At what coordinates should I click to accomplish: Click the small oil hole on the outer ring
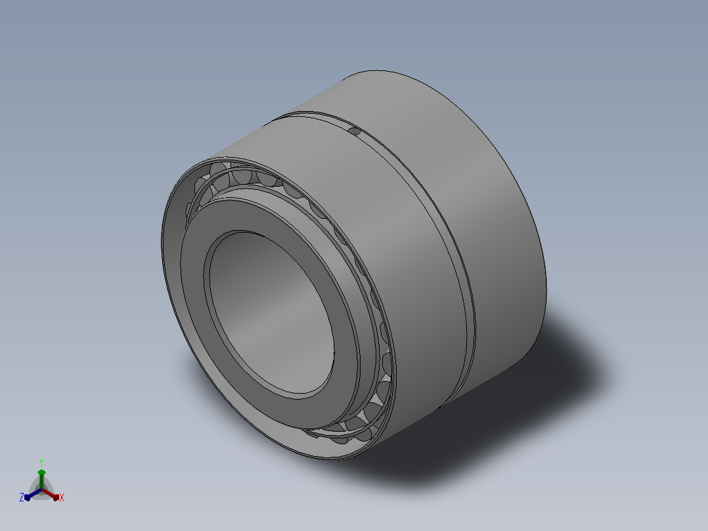[x=355, y=131]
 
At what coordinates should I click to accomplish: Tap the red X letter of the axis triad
[x=62, y=497]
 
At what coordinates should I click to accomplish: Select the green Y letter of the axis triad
[x=41, y=462]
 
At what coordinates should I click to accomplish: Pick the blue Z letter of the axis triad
[x=22, y=497]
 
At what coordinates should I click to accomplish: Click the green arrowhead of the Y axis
[x=41, y=473]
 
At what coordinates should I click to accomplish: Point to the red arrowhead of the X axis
[x=56, y=497]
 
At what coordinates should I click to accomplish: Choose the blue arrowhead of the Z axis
[x=27, y=497]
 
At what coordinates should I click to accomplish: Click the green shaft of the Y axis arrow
[x=41, y=482]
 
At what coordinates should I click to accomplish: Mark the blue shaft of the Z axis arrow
[x=35, y=494]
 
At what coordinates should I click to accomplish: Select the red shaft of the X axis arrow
[x=48, y=493]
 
